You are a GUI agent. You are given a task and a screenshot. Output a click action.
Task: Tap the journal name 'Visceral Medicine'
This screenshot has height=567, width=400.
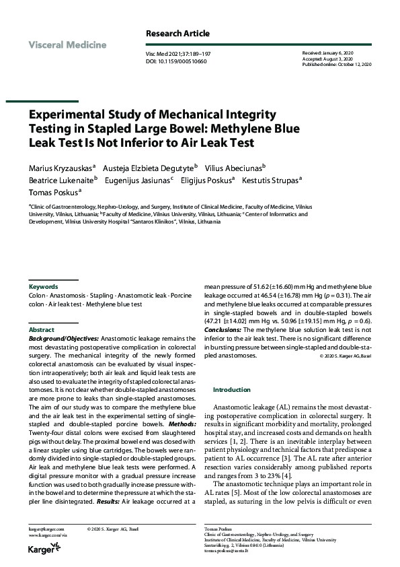coord(67,45)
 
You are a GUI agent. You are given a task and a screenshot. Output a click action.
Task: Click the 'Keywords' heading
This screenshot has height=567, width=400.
coord(43,286)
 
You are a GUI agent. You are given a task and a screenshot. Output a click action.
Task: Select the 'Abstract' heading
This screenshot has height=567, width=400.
coord(41,330)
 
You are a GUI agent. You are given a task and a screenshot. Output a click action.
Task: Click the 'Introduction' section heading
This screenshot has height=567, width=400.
coord(231,389)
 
